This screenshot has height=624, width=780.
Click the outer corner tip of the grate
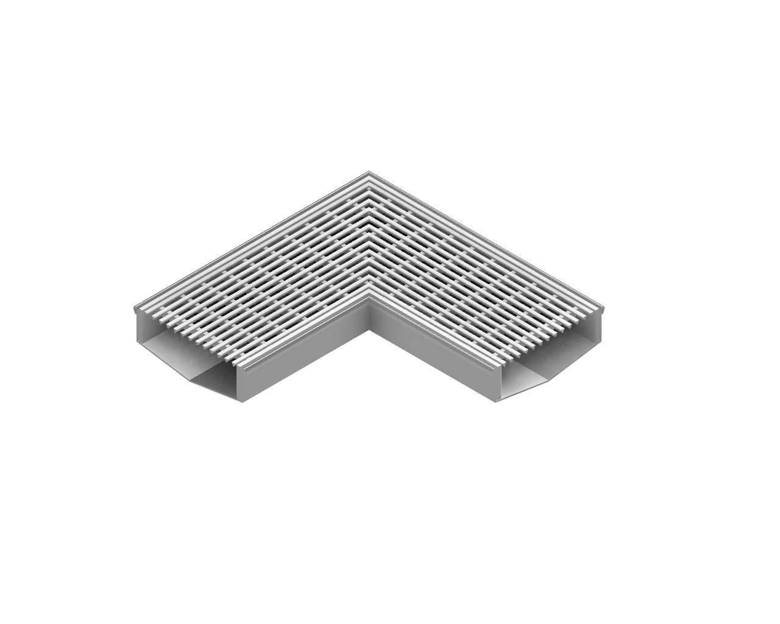tap(369, 173)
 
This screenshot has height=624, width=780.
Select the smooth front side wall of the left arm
tap(305, 366)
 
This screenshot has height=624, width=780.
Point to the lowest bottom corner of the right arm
tap(497, 402)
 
